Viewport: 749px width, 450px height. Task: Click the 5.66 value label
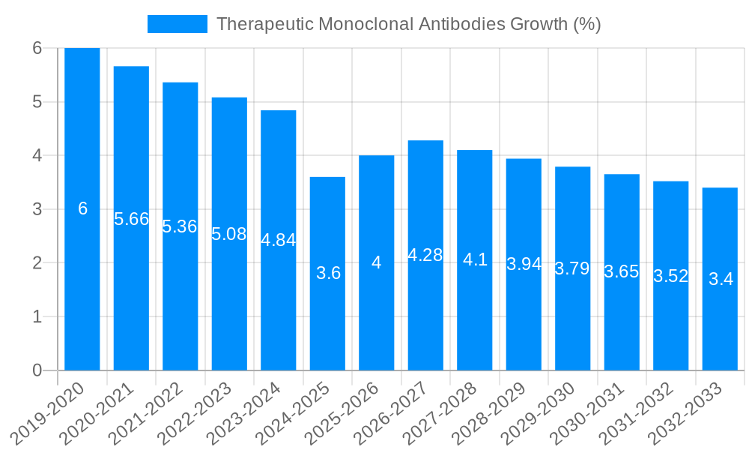coord(131,219)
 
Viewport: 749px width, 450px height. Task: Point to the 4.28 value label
coord(425,255)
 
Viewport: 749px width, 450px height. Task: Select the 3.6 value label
coord(328,273)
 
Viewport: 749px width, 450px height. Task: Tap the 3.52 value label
coord(670,276)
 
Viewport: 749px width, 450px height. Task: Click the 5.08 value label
coord(229,234)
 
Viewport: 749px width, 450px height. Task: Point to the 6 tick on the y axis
coord(37,48)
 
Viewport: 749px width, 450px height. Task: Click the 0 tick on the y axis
coord(37,370)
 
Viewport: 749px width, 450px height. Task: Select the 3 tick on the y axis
coord(37,209)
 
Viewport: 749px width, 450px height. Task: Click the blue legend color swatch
coord(178,24)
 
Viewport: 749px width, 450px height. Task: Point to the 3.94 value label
coord(524,264)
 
